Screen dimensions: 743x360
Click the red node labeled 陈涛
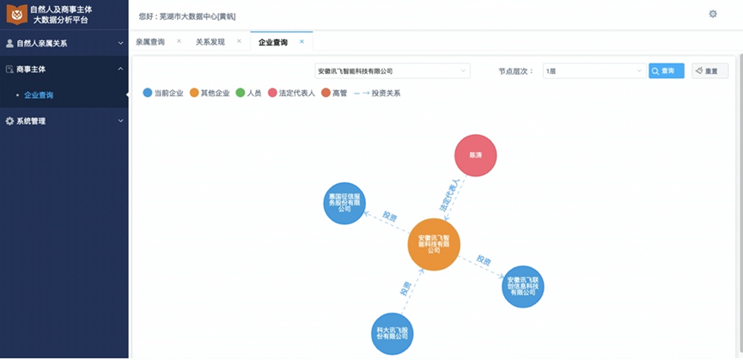click(x=475, y=156)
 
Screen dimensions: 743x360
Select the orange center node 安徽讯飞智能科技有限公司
click(x=434, y=244)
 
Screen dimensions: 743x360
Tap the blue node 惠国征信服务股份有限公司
click(x=344, y=203)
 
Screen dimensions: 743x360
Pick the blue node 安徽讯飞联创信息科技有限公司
click(x=523, y=286)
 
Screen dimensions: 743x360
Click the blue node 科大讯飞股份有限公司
click(x=392, y=331)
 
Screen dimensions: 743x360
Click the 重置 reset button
click(x=710, y=70)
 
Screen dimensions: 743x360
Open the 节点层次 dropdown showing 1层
click(x=594, y=70)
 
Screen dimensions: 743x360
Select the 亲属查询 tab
click(x=150, y=41)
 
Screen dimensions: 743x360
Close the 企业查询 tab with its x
click(x=301, y=41)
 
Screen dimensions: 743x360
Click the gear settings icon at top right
click(x=712, y=14)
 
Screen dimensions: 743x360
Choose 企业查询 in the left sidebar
click(x=39, y=95)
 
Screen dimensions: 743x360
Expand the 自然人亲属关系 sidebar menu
click(x=64, y=42)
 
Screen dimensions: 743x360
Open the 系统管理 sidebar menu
click(x=64, y=121)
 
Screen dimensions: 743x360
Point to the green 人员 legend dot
click(x=241, y=93)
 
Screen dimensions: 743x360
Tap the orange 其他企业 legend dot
click(x=194, y=93)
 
